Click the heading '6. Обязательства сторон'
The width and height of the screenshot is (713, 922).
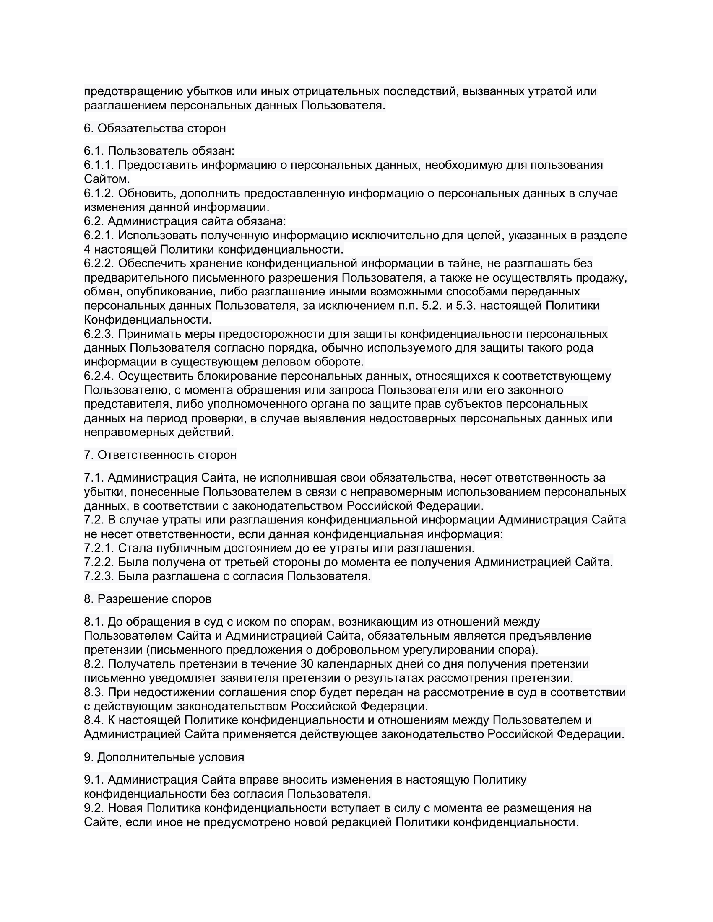tap(155, 128)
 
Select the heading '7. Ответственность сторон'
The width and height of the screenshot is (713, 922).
tap(160, 455)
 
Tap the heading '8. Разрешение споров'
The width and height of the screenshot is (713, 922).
tap(147, 598)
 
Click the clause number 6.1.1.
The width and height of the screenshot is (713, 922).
tap(99, 165)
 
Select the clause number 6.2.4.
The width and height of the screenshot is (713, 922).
tap(99, 376)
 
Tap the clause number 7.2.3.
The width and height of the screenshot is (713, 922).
tap(99, 576)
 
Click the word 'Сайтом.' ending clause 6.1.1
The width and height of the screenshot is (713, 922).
tap(107, 179)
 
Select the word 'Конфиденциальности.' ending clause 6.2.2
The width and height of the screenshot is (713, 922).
tap(148, 319)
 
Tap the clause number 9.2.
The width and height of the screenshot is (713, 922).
tap(94, 808)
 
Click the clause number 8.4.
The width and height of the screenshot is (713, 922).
tap(94, 720)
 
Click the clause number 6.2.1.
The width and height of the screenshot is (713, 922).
tap(99, 235)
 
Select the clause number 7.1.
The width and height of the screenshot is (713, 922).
tap(94, 477)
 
